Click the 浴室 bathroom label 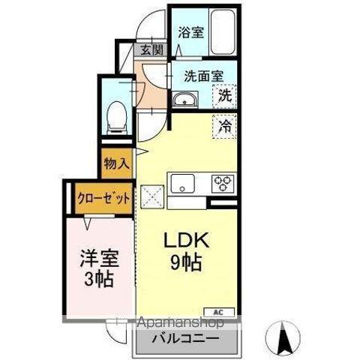click(191, 32)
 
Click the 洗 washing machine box click(223, 96)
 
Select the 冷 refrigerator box click(223, 125)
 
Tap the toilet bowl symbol click(117, 113)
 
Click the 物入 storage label click(117, 162)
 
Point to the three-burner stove click(223, 182)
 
